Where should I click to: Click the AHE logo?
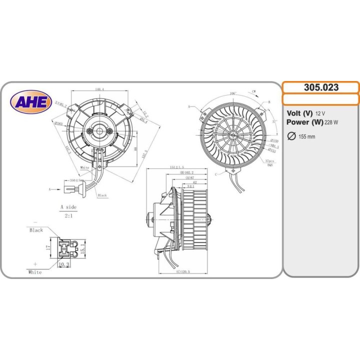pyautogui.click(x=31, y=102)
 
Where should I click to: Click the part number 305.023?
pyautogui.click(x=321, y=87)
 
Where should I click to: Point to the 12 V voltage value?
pyautogui.click(x=321, y=113)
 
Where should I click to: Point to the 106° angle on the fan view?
pyautogui.click(x=233, y=93)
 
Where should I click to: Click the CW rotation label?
pyautogui.click(x=254, y=91)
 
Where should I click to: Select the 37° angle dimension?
pyautogui.click(x=274, y=121)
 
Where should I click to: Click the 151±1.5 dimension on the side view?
pyautogui.click(x=177, y=167)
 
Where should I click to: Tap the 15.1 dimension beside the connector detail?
pyautogui.click(x=84, y=247)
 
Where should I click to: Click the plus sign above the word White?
pyautogui.click(x=35, y=263)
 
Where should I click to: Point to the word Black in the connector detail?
pyautogui.click(x=36, y=230)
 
